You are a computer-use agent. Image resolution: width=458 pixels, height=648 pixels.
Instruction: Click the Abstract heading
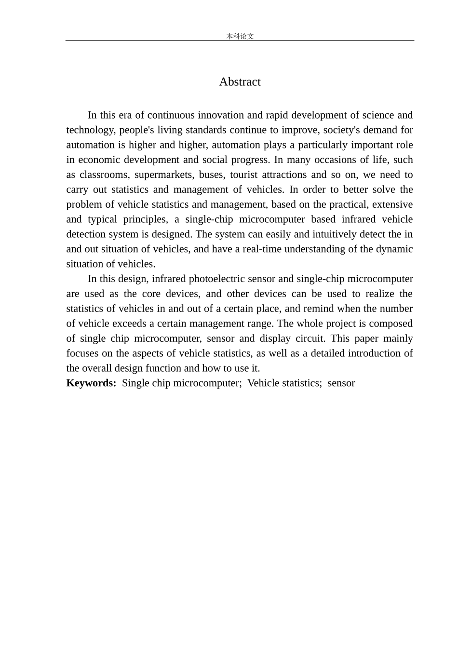point(240,82)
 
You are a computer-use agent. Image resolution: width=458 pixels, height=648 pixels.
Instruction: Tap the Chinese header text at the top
point(240,36)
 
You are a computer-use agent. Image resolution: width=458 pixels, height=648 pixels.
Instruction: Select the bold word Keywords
point(91,383)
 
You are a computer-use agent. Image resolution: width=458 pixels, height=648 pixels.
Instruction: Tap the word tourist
point(243,175)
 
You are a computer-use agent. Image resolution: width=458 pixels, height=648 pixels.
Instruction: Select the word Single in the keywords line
point(136,383)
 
